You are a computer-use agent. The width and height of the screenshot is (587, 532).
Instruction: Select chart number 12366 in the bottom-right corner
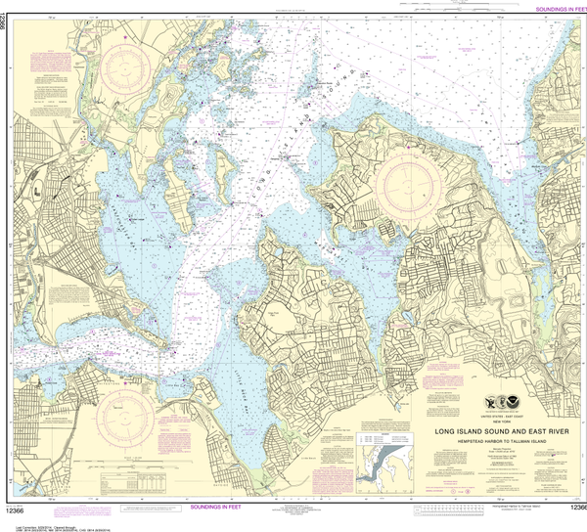click(572, 509)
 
